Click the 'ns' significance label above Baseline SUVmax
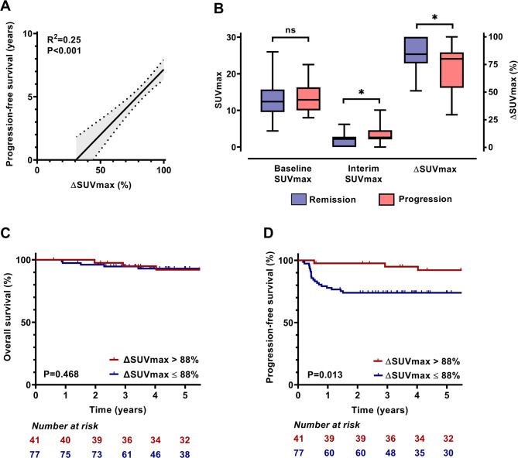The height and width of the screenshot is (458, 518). click(290, 30)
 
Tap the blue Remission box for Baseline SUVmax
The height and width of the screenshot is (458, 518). click(272, 100)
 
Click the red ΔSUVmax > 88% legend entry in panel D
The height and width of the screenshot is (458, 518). click(422, 362)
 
